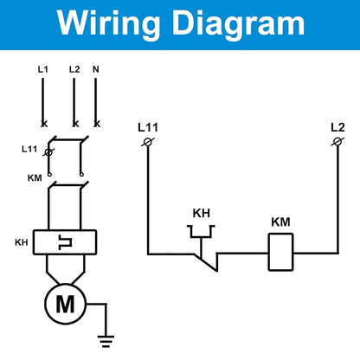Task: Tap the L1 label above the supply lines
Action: (x=42, y=69)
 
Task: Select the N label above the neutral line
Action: (x=96, y=69)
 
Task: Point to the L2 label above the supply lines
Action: (x=74, y=69)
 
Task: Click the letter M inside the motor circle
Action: (x=65, y=304)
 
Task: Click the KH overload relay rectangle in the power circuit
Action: (x=65, y=242)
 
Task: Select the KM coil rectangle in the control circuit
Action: (x=280, y=252)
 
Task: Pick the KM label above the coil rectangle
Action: (x=280, y=222)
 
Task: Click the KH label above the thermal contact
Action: (x=202, y=213)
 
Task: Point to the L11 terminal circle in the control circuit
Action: (x=148, y=142)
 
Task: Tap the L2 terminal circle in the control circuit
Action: (x=337, y=142)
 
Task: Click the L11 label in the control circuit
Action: (x=148, y=127)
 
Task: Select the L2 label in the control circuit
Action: (x=337, y=127)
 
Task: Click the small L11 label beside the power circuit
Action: (x=29, y=149)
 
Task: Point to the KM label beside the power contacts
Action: (x=35, y=178)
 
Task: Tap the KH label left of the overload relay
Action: (x=22, y=242)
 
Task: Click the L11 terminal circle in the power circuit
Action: (x=49, y=152)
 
